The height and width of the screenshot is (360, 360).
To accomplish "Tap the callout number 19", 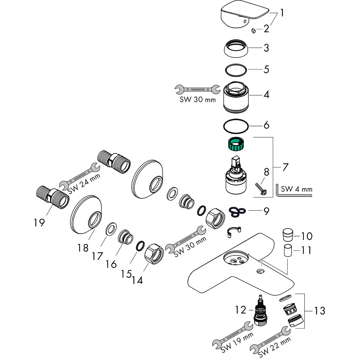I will click(39, 222).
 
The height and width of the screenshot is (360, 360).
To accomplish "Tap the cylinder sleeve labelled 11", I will click(288, 250).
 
